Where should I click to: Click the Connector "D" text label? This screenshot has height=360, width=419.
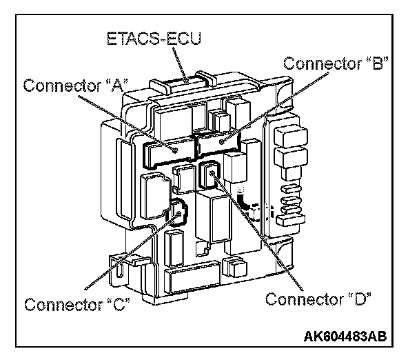pyautogui.click(x=318, y=299)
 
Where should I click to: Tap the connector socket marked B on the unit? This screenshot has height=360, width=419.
pyautogui.click(x=219, y=143)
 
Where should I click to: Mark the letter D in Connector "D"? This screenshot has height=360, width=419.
pyautogui.click(x=360, y=299)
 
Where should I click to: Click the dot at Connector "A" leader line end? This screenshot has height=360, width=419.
pyautogui.click(x=176, y=149)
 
